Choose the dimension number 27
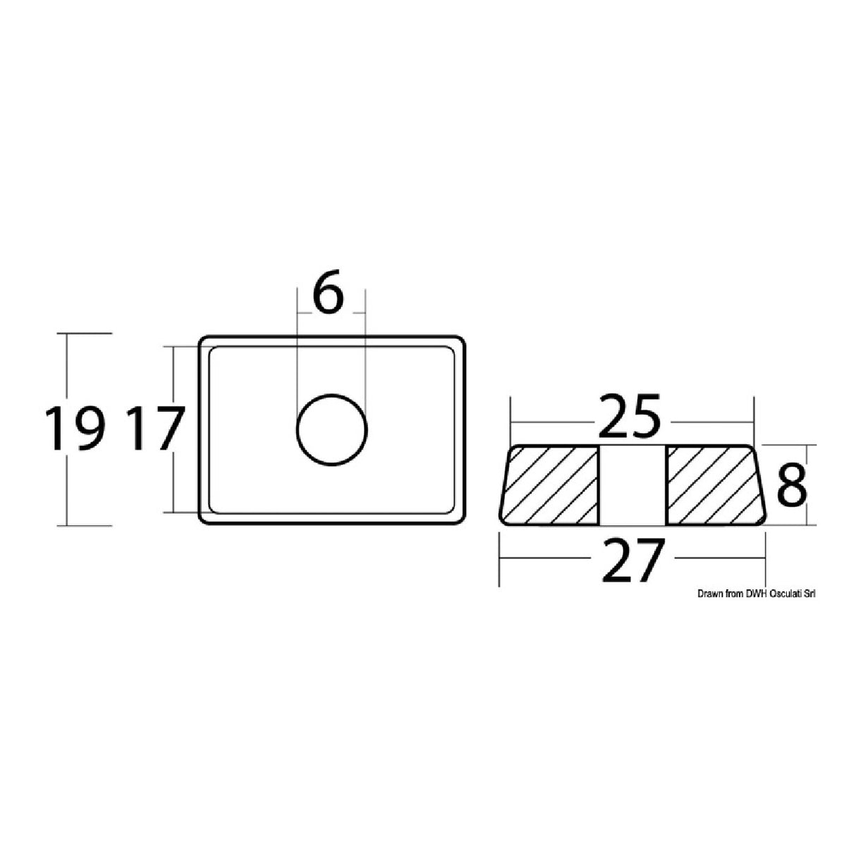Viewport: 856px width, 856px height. [x=632, y=560]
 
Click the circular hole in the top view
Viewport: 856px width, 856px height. [x=332, y=429]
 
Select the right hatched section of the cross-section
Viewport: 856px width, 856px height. [x=712, y=486]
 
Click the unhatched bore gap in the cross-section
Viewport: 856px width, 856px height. [x=632, y=486]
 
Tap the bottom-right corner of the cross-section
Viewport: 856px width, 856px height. [x=763, y=523]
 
